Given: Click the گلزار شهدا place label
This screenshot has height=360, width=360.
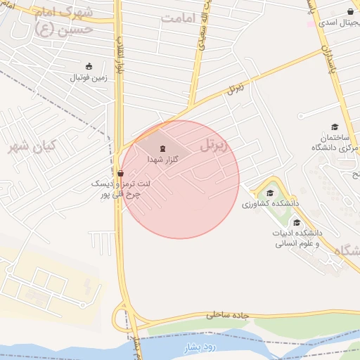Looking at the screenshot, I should pyautogui.click(x=162, y=160).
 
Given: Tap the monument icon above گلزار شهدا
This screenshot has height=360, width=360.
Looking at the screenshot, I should pyautogui.click(x=163, y=148).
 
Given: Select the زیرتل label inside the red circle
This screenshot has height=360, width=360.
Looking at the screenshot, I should pyautogui.click(x=215, y=146).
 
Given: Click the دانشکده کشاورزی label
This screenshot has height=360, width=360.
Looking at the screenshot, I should pyautogui.click(x=269, y=204).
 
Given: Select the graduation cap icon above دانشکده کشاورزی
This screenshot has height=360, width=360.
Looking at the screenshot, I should pyautogui.click(x=270, y=193).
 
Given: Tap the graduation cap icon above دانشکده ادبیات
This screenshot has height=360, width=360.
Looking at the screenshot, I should pyautogui.click(x=297, y=222).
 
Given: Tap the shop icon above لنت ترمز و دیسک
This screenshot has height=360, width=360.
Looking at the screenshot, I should pyautogui.click(x=120, y=173).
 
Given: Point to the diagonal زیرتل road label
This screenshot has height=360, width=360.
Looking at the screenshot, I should pyautogui.click(x=235, y=89).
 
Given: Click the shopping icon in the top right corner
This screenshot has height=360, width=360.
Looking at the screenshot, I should pyautogui.click(x=350, y=11).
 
